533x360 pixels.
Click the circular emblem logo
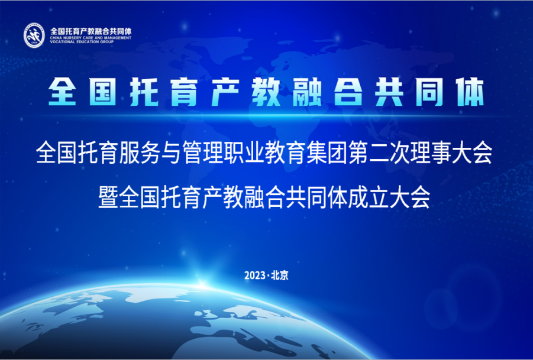point(34,35)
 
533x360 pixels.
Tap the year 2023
point(254,275)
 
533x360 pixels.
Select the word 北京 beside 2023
point(280,275)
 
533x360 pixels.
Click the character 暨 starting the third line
point(108,197)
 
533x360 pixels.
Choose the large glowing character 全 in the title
point(62,92)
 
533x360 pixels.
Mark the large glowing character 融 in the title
point(307,92)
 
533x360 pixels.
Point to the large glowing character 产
point(225,92)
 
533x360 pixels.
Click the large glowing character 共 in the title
point(389,92)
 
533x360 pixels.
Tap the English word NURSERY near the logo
point(70,38)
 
